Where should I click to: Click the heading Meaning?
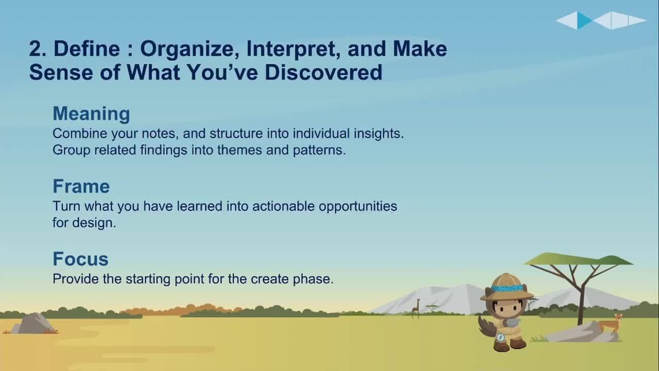[x=91, y=114]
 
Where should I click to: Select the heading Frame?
[x=81, y=186]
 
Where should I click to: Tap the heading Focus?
[x=81, y=259]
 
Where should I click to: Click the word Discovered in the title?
[x=323, y=72]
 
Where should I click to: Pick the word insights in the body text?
[x=378, y=134]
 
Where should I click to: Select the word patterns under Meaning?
[x=319, y=150]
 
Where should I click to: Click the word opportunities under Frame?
[x=358, y=207]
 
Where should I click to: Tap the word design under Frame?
[x=94, y=223]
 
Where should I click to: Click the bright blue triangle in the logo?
[x=584, y=20]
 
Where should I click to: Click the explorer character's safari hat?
[x=507, y=287]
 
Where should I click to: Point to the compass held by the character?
[x=500, y=337]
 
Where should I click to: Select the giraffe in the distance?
[x=416, y=308]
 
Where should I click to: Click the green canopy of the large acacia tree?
[x=578, y=259]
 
